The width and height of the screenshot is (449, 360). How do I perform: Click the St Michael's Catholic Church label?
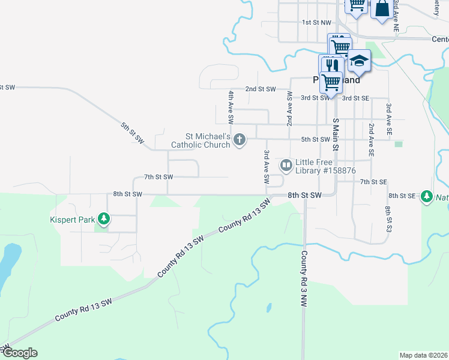pyautogui.click(x=200, y=141)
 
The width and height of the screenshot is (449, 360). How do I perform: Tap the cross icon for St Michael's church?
pyautogui.click(x=240, y=140)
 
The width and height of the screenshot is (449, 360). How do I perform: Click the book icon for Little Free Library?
pyautogui.click(x=287, y=164)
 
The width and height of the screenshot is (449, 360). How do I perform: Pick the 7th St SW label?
pyautogui.click(x=158, y=177)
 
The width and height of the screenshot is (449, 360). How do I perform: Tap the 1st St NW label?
pyautogui.click(x=316, y=22)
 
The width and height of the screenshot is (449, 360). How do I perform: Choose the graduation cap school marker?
pyautogui.click(x=359, y=62)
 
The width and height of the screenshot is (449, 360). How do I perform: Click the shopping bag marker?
pyautogui.click(x=382, y=9)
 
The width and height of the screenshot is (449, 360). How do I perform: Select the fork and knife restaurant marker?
pyautogui.click(x=333, y=65)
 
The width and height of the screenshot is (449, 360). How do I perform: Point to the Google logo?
pyautogui.click(x=19, y=353)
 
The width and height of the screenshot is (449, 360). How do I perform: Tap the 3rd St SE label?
pyautogui.click(x=356, y=98)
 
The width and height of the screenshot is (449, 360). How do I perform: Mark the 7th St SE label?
pyautogui.click(x=373, y=181)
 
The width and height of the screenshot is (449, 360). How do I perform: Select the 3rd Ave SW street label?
pyautogui.click(x=266, y=167)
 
